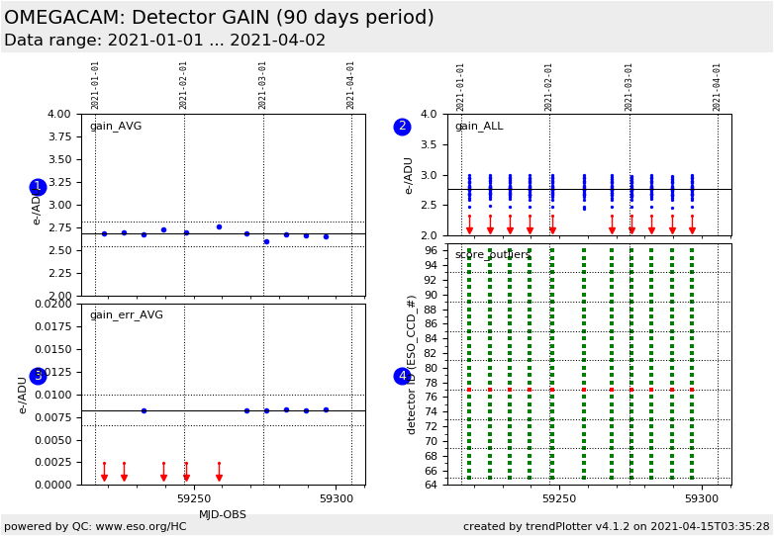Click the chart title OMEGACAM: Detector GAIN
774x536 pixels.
click(x=219, y=18)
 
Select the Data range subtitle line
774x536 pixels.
click(x=164, y=41)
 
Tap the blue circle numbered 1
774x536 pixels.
click(x=38, y=187)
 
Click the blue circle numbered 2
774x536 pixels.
click(x=402, y=127)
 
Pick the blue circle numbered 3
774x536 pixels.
click(x=38, y=376)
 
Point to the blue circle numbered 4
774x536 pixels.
click(x=402, y=376)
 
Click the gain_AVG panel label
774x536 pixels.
click(x=115, y=127)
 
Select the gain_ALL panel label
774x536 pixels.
click(x=478, y=127)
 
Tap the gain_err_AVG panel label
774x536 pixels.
click(x=126, y=315)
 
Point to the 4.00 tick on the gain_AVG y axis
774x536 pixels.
click(x=61, y=115)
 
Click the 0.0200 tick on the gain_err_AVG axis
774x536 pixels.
click(x=54, y=304)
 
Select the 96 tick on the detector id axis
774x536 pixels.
click(x=432, y=251)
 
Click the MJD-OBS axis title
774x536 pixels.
click(x=223, y=514)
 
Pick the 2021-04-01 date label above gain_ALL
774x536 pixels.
click(x=718, y=86)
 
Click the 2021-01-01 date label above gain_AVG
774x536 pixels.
click(x=96, y=84)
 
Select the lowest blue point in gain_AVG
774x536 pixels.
click(x=266, y=241)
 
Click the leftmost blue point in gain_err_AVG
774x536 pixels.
click(x=144, y=410)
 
